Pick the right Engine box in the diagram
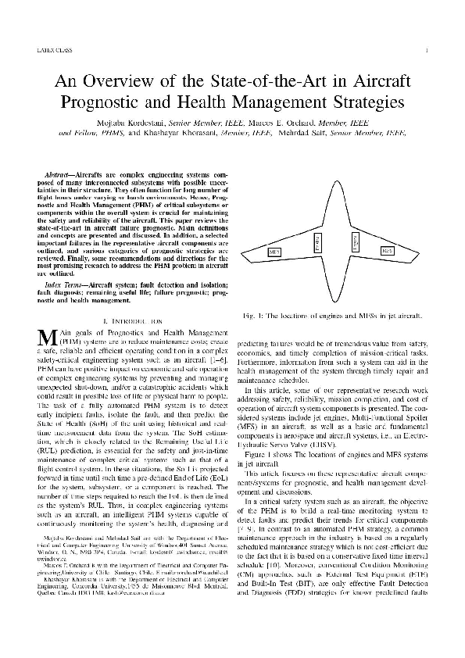tap(353, 244)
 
